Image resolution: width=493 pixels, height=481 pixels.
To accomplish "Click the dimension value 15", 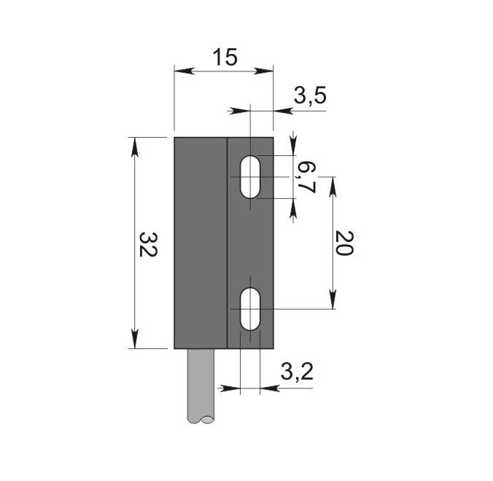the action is coord(225,58).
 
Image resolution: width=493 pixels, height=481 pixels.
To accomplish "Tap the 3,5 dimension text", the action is coord(310,95).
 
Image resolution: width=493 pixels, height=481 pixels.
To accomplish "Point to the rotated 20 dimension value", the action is coord(344,243).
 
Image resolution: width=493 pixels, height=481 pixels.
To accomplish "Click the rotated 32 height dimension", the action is coord(148,245).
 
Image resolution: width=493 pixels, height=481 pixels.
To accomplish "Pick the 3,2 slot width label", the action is coord(297,372).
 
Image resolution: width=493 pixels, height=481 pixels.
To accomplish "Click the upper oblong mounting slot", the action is coord(250,177).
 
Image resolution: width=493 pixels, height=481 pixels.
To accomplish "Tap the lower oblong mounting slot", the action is coord(250,309).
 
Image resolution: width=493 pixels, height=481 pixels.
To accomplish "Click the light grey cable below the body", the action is coord(201,386).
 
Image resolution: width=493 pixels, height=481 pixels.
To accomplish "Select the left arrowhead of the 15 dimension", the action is coord(182,71).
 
